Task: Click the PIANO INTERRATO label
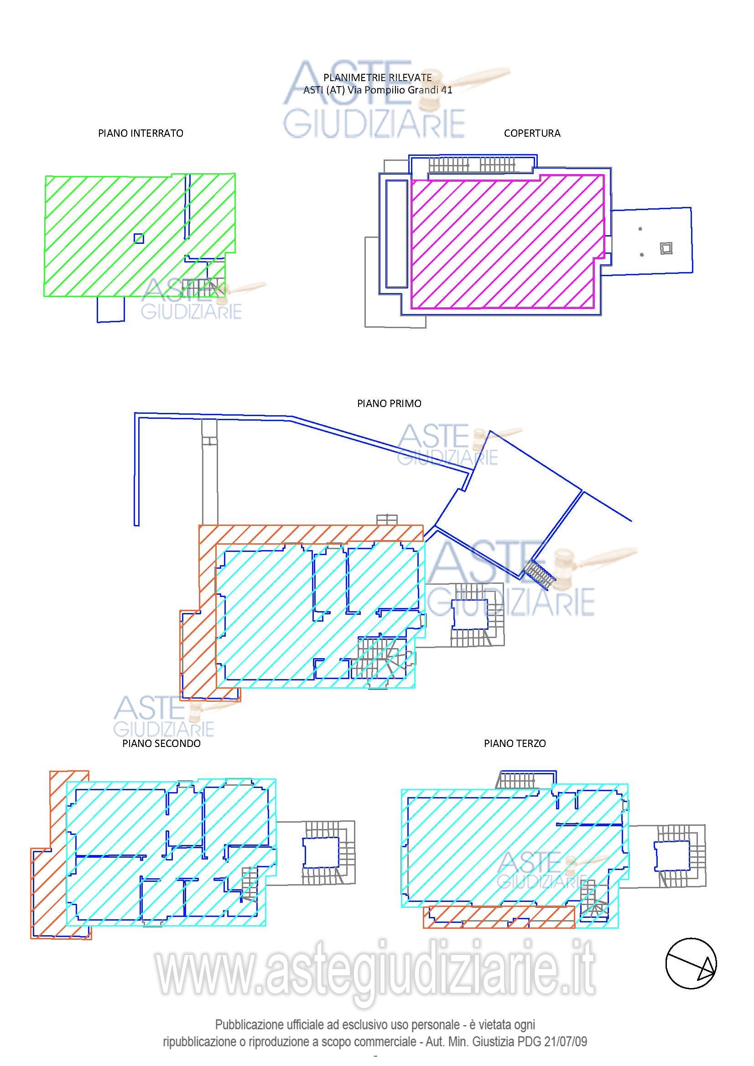(140, 133)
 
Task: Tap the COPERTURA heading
(532, 133)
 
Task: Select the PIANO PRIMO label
(389, 403)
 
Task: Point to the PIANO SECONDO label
(161, 743)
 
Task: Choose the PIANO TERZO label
(515, 743)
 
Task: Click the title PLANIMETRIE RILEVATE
(377, 77)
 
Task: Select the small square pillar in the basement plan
(139, 239)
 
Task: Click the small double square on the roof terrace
(666, 248)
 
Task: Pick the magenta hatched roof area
(507, 242)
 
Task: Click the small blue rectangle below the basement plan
(110, 309)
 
